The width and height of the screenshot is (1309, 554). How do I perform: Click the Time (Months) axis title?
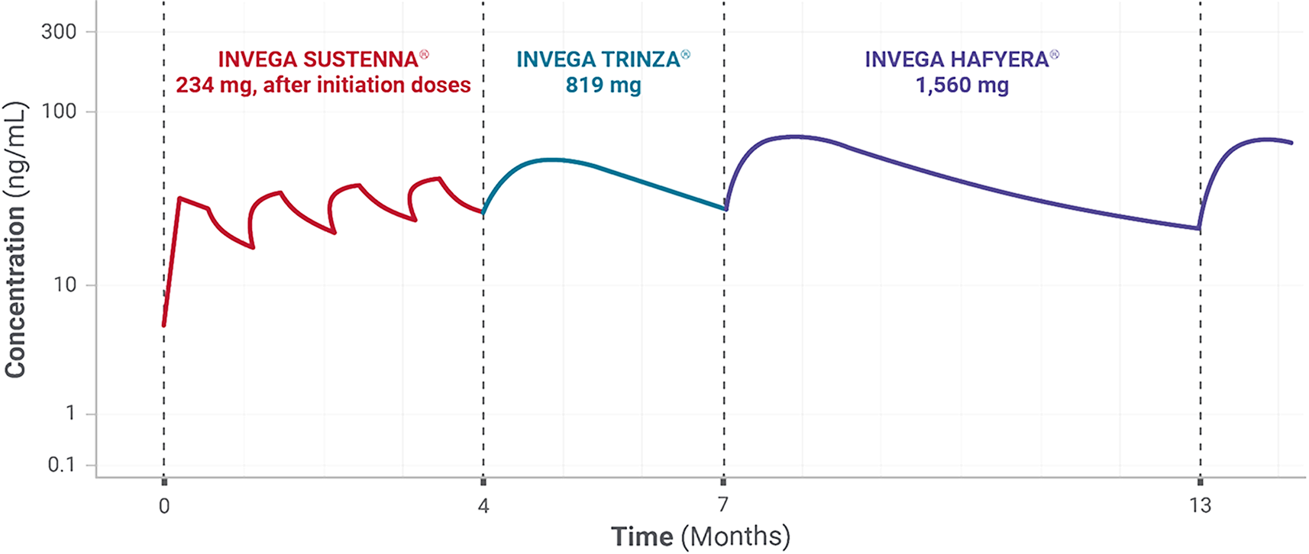(700, 536)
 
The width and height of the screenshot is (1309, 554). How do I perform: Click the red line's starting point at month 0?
(163, 326)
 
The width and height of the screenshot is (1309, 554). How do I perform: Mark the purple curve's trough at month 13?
(1197, 228)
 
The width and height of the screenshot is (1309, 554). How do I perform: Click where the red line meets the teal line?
(483, 213)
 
